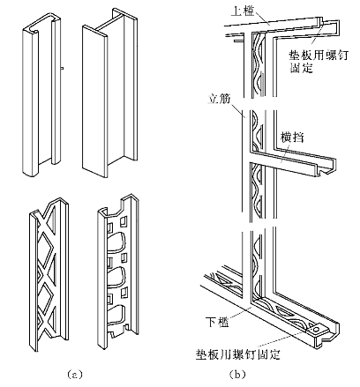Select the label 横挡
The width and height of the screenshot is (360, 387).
[x=292, y=138]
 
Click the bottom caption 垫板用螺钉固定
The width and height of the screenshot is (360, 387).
[x=237, y=354]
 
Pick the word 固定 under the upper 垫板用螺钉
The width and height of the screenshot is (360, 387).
[x=301, y=68]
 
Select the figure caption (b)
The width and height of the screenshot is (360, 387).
[x=237, y=375]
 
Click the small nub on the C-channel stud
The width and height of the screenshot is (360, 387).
[x=62, y=68]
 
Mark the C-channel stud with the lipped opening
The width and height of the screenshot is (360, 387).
[x=42, y=94]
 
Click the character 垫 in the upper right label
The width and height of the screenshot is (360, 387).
[x=295, y=55]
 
